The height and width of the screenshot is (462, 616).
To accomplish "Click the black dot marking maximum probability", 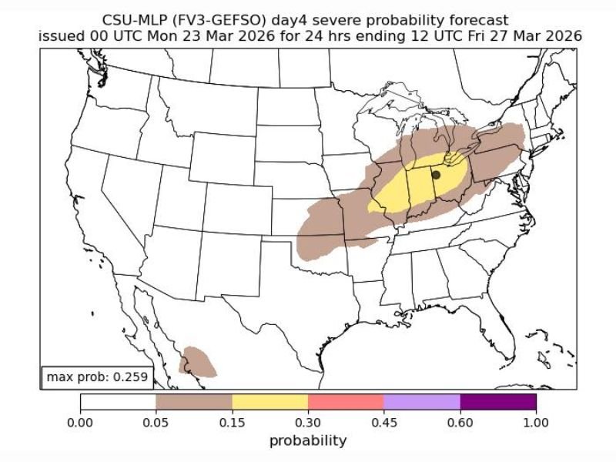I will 436,176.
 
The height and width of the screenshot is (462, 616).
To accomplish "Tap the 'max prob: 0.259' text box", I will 95,377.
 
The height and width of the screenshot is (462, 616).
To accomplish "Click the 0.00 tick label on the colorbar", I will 80,422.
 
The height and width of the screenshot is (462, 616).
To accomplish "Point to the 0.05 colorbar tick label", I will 156,422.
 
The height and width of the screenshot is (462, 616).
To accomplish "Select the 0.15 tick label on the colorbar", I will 232,422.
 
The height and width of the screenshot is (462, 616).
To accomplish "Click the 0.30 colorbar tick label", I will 308,422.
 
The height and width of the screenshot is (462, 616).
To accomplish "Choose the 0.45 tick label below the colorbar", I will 383,422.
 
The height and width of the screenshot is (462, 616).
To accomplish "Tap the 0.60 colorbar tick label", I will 460,422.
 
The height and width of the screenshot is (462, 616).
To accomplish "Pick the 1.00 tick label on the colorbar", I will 536,422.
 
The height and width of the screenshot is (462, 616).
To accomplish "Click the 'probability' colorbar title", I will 308,440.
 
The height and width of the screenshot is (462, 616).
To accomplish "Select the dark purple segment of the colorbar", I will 498,402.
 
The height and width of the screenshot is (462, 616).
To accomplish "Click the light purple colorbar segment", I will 422,402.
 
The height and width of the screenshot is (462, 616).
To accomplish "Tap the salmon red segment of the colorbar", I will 346,402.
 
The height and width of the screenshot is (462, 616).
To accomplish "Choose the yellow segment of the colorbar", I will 269,402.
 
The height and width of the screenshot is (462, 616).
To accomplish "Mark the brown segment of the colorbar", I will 194,402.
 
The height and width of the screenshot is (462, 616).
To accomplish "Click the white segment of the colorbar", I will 118,402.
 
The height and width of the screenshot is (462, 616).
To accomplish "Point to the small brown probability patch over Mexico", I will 199,361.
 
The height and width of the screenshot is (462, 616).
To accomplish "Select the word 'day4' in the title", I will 300,21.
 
